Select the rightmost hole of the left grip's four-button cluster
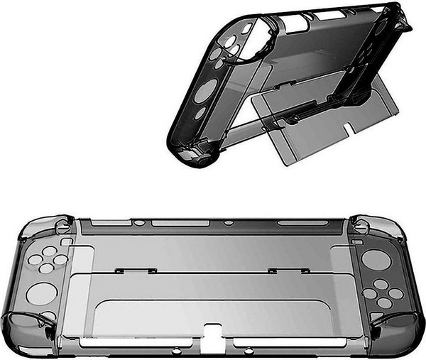pyautogui.click(x=61, y=260)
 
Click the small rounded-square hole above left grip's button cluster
pyautogui.click(x=66, y=240)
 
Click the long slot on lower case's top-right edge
pyautogui.click(x=298, y=223)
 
